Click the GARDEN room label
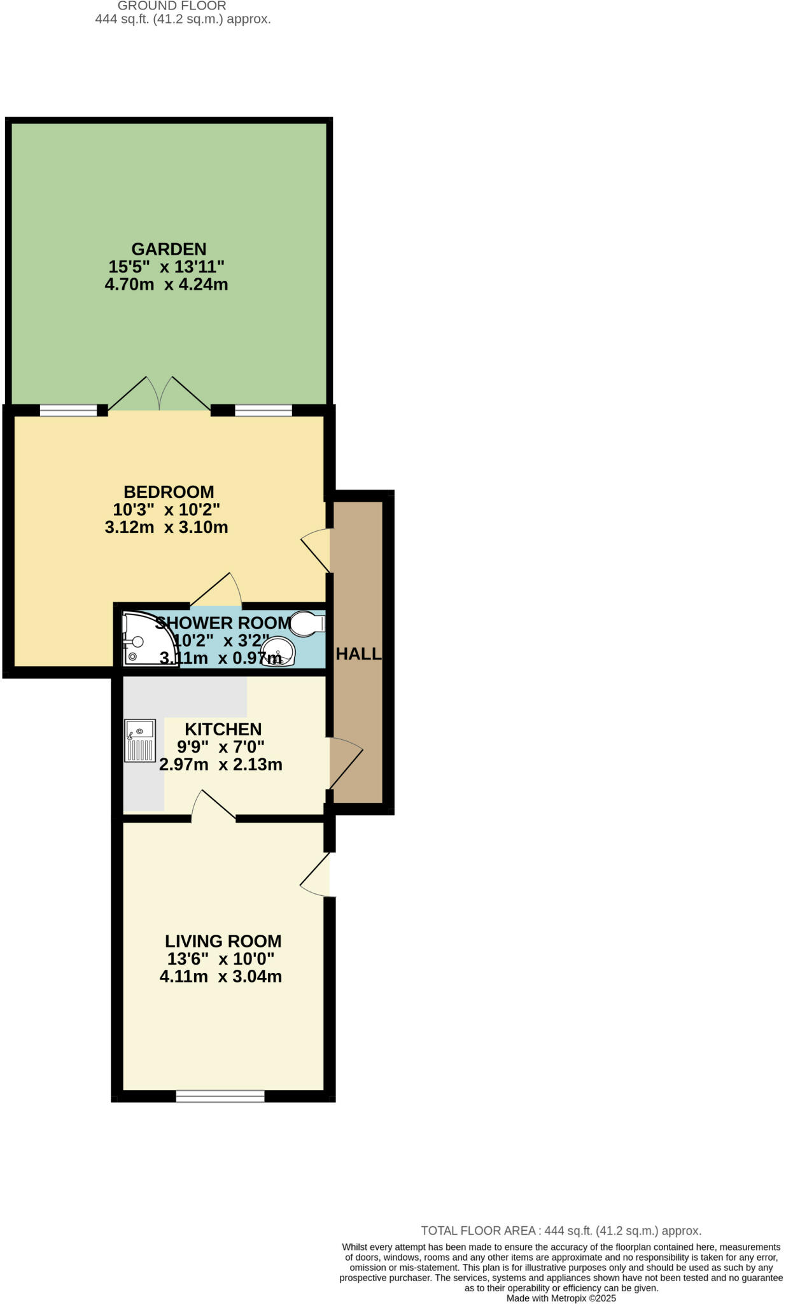point(169,249)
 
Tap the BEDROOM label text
point(169,492)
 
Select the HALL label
point(358,654)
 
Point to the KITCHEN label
point(223,729)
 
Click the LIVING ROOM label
point(223,941)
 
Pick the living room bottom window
point(220,1096)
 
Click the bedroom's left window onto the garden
point(69,411)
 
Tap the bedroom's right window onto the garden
point(263,411)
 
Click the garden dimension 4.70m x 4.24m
point(166,284)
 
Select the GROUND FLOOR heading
point(172,6)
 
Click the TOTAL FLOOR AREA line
point(561,1231)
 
